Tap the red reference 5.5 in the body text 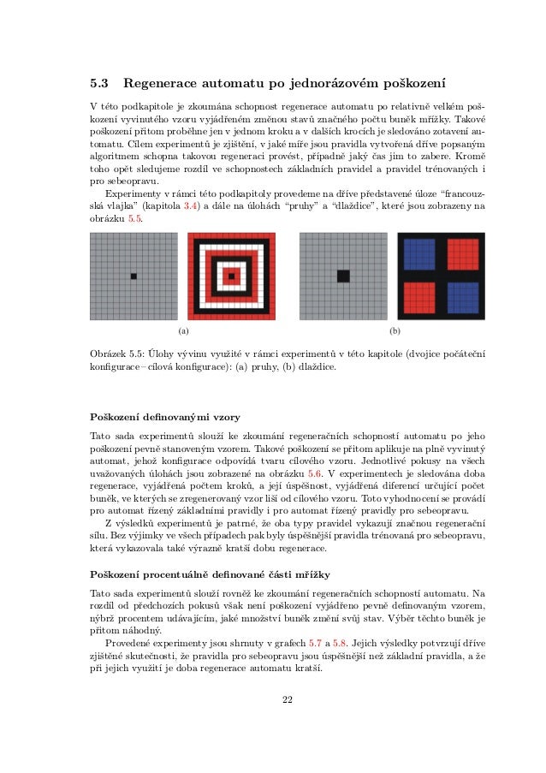click(135, 219)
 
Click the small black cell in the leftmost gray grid click(134, 276)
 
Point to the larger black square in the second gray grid click(343, 276)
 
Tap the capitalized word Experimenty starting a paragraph click(131, 194)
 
